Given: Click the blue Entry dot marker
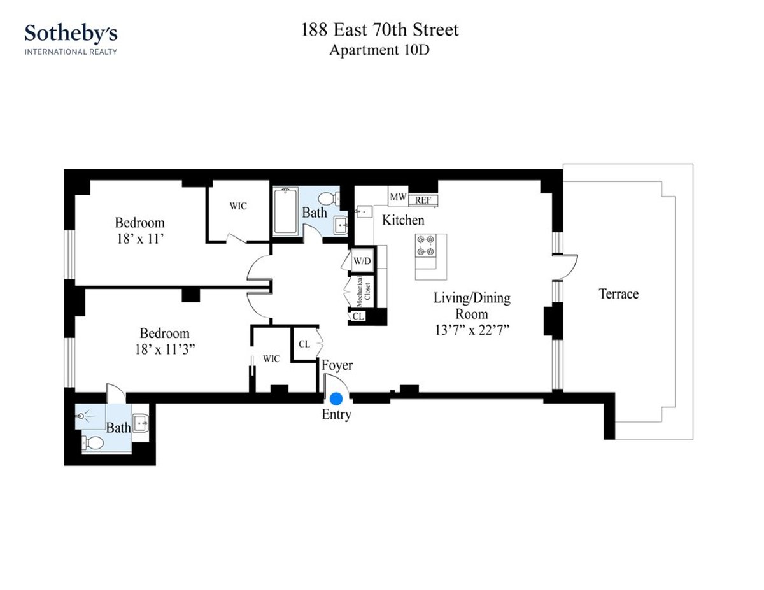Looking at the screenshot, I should click(x=336, y=399).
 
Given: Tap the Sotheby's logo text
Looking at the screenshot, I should click(x=71, y=34).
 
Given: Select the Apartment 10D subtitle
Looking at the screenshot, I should click(x=379, y=51).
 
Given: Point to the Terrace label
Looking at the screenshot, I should click(x=618, y=294).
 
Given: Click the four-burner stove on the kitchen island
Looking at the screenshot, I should click(x=425, y=245).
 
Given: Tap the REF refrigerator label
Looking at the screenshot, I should click(x=423, y=200).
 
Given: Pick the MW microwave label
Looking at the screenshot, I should click(x=398, y=197).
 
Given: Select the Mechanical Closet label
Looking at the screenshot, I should click(x=360, y=291).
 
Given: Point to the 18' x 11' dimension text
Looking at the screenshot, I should click(x=139, y=240).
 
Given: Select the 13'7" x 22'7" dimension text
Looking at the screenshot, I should click(x=471, y=330).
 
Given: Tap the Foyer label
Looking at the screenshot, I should click(x=336, y=365).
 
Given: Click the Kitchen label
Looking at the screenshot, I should click(x=402, y=220).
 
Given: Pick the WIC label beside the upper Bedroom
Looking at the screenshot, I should click(x=237, y=206).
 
